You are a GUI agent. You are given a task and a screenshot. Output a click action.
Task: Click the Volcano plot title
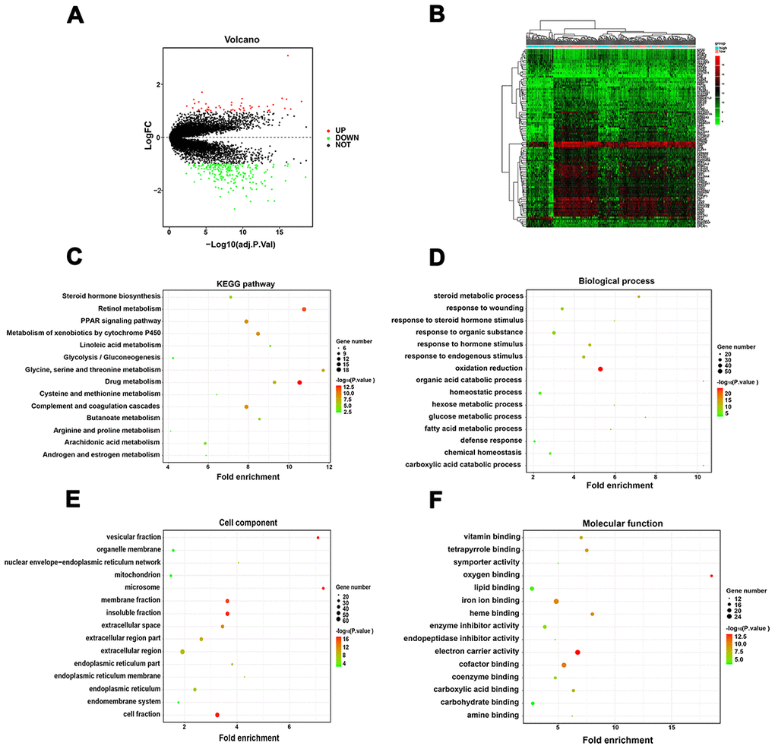pyautogui.click(x=238, y=39)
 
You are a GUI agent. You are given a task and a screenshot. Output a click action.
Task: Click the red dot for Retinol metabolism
pyautogui.click(x=304, y=309)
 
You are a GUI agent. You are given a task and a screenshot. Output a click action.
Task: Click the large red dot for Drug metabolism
pyautogui.click(x=300, y=382)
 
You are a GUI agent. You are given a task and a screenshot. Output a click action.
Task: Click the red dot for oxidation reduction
pyautogui.click(x=601, y=368)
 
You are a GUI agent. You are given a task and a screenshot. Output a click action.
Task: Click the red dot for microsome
pyautogui.click(x=323, y=588)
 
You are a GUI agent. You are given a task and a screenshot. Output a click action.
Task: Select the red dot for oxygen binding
pyautogui.click(x=711, y=576)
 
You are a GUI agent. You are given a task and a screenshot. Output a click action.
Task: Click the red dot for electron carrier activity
pyautogui.click(x=578, y=652)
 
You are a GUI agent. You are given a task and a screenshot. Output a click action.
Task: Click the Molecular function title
pyautogui.click(x=618, y=523)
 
